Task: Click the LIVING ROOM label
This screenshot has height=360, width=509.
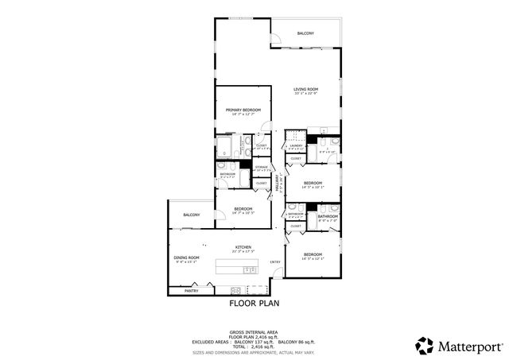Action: [x=305, y=89]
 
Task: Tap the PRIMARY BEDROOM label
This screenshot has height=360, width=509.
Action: [x=243, y=110]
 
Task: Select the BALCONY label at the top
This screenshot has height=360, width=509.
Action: [x=305, y=33]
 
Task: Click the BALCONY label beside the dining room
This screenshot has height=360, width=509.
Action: [x=191, y=215]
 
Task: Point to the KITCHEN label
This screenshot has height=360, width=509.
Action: [x=243, y=247]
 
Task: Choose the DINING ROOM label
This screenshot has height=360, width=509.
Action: [x=186, y=258]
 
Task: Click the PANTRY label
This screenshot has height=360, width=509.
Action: [x=191, y=291]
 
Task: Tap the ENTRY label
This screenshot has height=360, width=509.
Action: [x=275, y=262]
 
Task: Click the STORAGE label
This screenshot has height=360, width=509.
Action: [x=262, y=168]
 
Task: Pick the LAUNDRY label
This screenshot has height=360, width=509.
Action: [x=296, y=145]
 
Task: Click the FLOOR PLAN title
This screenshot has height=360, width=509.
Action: [x=254, y=303]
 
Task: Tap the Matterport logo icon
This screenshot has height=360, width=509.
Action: [x=425, y=345]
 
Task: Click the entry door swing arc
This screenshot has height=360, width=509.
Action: [x=275, y=276]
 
